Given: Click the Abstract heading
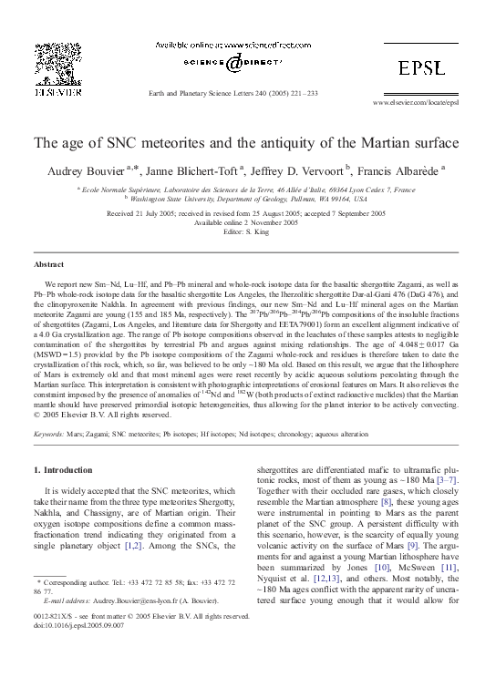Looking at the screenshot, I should coord(49,262).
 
